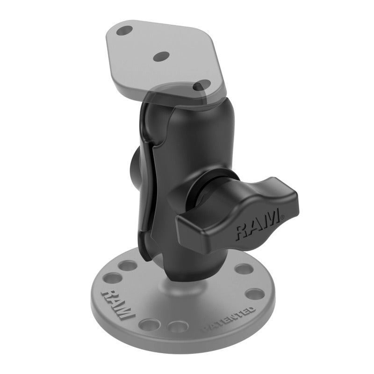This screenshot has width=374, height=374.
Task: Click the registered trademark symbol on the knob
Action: tap(282, 216)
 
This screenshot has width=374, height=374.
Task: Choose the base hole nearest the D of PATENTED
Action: tap(255, 294)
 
